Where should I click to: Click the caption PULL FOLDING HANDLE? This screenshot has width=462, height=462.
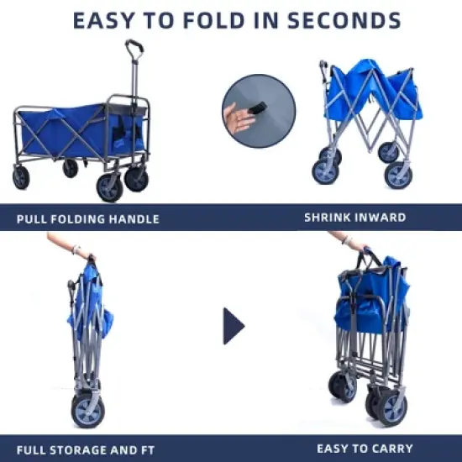pyautogui.click(x=87, y=219)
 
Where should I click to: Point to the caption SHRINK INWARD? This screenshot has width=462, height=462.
pyautogui.click(x=354, y=218)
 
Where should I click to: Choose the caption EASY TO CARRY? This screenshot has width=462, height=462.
pyautogui.click(x=365, y=448)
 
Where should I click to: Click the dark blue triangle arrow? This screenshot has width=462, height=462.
pyautogui.click(x=233, y=326)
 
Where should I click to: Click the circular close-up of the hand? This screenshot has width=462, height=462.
pyautogui.click(x=259, y=112)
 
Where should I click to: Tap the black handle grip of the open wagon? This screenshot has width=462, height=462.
pyautogui.click(x=134, y=45)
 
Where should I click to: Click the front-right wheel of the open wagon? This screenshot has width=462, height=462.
pyautogui.click(x=110, y=187)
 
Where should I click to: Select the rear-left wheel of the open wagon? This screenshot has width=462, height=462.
pyautogui.click(x=21, y=177)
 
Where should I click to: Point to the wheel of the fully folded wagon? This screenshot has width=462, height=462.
pyautogui.click(x=89, y=412)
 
